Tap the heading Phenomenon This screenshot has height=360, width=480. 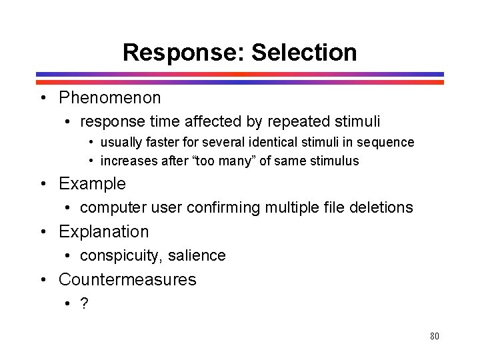click(110, 98)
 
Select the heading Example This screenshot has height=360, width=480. click(92, 183)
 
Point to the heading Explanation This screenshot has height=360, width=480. click(104, 231)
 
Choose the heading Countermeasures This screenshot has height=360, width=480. click(127, 279)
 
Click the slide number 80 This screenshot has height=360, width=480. click(435, 336)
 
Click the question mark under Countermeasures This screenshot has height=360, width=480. click(84, 303)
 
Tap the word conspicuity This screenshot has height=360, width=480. click(121, 256)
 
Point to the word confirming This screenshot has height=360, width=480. click(223, 207)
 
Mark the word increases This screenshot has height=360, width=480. click(127, 161)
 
